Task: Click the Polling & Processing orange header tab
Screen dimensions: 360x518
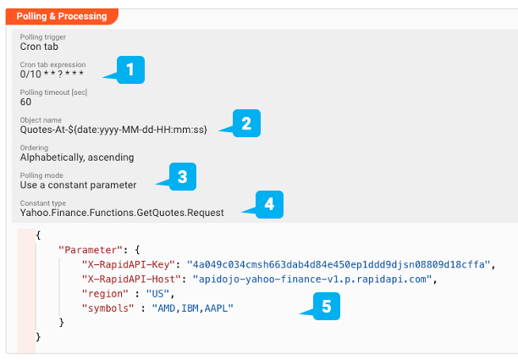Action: (62, 16)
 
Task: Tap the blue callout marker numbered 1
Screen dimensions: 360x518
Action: (129, 69)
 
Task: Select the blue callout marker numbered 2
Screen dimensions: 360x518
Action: (245, 124)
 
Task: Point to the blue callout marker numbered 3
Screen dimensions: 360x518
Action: (182, 176)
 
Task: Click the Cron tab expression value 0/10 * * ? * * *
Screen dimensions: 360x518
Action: (52, 74)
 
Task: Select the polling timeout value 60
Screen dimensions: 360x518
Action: (26, 102)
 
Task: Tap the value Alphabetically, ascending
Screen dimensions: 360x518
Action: (76, 157)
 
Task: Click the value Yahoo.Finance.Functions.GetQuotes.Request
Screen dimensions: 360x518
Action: (122, 213)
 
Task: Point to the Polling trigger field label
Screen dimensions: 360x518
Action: (42, 37)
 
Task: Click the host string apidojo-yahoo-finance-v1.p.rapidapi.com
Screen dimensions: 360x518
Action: (312, 278)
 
